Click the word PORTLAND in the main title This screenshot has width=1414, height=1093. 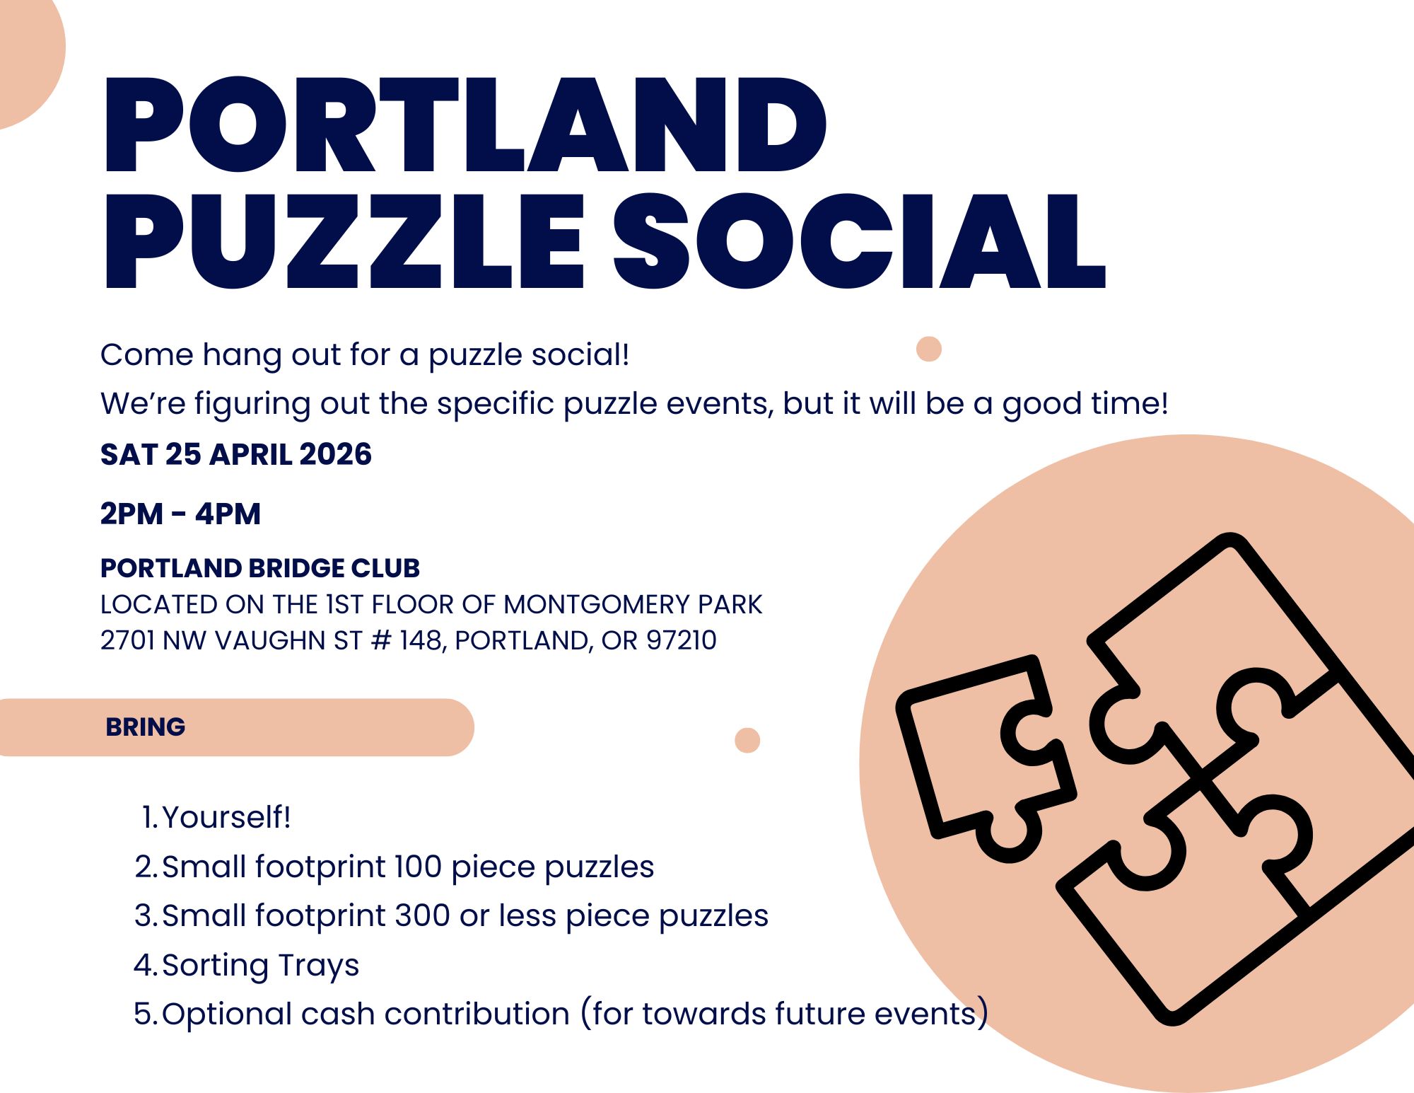(x=465, y=125)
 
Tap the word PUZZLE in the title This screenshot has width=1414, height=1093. (x=344, y=242)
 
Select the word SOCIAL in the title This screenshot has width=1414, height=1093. (x=859, y=241)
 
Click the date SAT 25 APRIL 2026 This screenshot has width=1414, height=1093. (x=236, y=454)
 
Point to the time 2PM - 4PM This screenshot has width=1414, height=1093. (x=180, y=514)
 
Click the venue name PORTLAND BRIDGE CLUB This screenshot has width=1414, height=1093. (x=260, y=568)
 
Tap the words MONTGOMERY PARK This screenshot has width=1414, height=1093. (x=633, y=605)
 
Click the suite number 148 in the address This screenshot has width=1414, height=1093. (x=421, y=640)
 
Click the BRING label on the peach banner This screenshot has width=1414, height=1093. (x=146, y=727)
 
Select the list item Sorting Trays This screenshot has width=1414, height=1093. (x=261, y=966)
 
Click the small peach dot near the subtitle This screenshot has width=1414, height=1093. (x=928, y=349)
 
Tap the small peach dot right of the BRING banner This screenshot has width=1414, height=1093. (x=747, y=740)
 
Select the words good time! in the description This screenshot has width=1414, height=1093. (x=1085, y=404)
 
